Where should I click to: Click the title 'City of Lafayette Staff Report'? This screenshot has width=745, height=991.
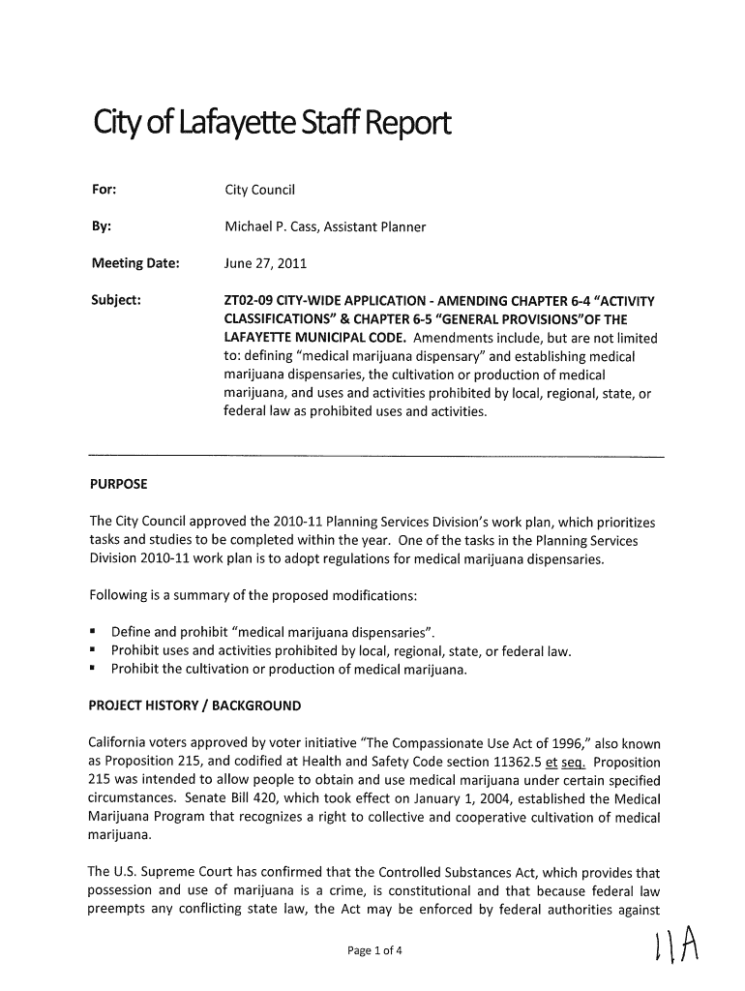point(271,126)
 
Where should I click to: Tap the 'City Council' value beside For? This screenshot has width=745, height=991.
point(260,189)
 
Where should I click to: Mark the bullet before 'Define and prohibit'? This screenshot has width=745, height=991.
point(94,633)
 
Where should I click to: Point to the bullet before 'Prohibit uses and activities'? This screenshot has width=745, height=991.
point(94,650)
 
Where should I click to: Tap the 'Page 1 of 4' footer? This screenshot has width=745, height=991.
point(372,950)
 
